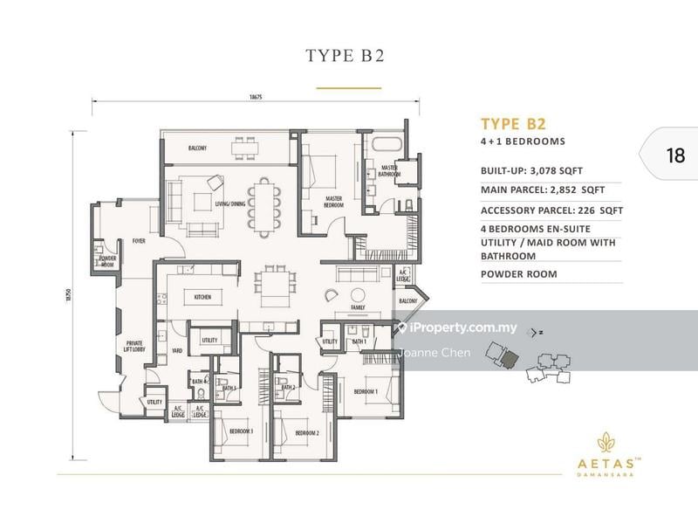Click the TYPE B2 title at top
tap(348, 56)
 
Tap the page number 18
tap(674, 156)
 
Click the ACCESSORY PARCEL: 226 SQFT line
tap(551, 210)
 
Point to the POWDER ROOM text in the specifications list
tap(518, 273)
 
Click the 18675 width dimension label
tap(255, 98)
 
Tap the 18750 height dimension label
tap(65, 296)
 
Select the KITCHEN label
tap(202, 297)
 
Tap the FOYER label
tap(139, 239)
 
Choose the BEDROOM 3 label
tap(241, 431)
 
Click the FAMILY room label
tap(358, 308)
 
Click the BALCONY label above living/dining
tap(197, 148)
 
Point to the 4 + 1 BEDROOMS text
tap(523, 141)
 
